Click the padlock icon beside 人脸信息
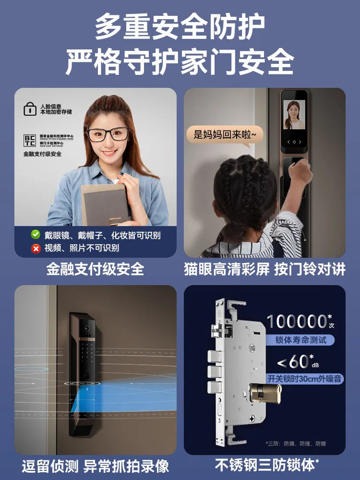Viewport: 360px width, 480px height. pyautogui.click(x=30, y=108)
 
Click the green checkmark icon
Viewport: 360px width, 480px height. pyautogui.click(x=36, y=235)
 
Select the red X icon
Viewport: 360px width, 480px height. pyautogui.click(x=36, y=248)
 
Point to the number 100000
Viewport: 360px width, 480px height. pyautogui.click(x=297, y=322)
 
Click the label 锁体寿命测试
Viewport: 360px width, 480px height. pyautogui.click(x=300, y=340)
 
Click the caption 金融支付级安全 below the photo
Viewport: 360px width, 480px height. pyautogui.click(x=95, y=269)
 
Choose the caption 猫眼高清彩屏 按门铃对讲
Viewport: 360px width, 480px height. pyautogui.click(x=264, y=269)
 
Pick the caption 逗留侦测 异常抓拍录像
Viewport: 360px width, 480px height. pyautogui.click(x=95, y=466)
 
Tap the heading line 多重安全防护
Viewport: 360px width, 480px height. pyautogui.click(x=180, y=27)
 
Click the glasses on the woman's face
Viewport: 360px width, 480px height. pyautogui.click(x=108, y=134)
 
